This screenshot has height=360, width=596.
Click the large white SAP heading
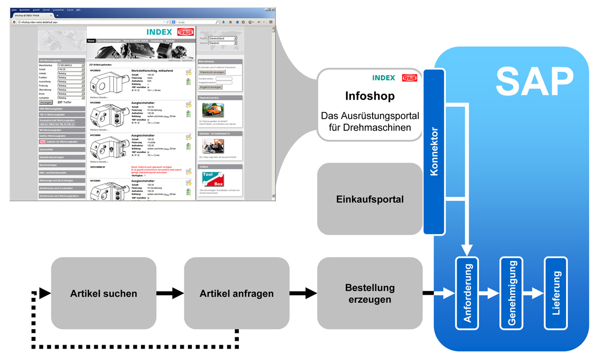coord(535,83)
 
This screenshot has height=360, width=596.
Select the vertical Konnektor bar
coord(433,152)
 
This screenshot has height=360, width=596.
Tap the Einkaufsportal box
coord(370,199)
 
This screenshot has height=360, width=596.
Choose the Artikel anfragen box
coord(236,294)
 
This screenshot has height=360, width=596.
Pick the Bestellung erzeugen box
coord(370,294)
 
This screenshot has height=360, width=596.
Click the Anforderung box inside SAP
coord(467,294)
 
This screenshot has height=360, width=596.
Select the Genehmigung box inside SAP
coord(512,294)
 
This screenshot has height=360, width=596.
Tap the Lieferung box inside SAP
coord(556,294)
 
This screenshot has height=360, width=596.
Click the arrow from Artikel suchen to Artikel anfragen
coord(170,294)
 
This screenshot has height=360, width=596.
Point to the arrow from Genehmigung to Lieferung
coord(535,294)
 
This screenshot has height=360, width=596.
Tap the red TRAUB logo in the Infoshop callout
coord(410,78)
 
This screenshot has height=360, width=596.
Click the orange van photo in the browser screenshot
coord(213,110)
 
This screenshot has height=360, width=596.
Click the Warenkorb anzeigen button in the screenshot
coord(212,73)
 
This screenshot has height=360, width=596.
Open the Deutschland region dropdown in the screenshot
coord(223,39)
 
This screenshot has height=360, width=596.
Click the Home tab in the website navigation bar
coord(91,41)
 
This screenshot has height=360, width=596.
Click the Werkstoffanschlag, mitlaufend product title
coord(152,70)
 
